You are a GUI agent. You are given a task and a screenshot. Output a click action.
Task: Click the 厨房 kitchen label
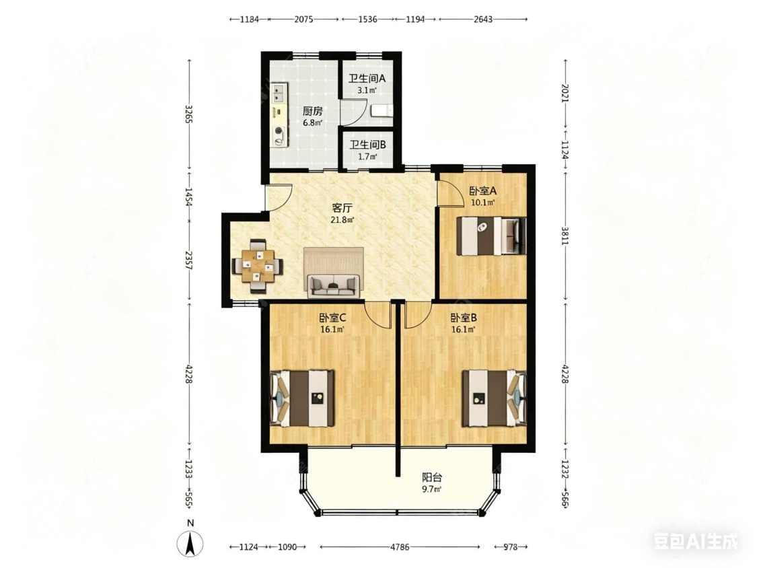312,110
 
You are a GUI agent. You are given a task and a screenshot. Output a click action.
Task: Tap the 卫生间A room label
367,78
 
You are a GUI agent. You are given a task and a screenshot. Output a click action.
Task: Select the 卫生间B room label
368,145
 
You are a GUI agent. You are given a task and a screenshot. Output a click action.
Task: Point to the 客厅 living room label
343,208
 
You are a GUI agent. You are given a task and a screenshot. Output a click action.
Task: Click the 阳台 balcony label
432,478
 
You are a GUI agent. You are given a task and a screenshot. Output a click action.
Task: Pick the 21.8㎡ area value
343,220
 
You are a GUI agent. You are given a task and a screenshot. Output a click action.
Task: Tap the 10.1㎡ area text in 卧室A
482,203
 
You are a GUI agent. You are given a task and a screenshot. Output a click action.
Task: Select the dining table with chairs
257,266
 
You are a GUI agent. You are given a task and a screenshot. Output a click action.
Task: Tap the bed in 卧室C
302,398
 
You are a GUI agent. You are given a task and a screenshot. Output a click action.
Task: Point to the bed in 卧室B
495,398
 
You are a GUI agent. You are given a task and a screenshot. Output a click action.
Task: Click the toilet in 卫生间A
382,111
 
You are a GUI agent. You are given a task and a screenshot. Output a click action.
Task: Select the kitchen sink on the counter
278,94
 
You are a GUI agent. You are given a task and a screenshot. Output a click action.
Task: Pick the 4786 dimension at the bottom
400,547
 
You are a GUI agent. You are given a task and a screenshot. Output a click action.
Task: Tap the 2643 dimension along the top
482,20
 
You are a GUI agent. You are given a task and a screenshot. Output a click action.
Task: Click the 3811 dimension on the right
565,236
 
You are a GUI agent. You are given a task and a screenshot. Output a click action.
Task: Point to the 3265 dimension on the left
189,114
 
